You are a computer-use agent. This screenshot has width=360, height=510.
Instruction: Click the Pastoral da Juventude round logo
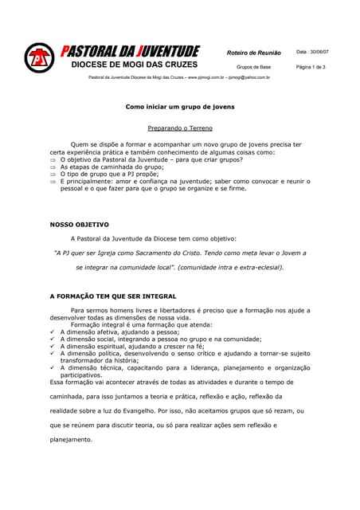37,58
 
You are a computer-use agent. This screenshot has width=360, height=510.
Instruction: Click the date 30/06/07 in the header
312,52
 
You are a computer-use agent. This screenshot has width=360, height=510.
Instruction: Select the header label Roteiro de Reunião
253,53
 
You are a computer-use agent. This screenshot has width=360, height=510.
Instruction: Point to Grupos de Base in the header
253,67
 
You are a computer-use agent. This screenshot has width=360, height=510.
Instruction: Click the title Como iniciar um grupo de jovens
180,106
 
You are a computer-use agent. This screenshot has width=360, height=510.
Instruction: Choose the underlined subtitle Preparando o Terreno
180,127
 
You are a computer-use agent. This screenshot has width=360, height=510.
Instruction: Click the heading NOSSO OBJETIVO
80,225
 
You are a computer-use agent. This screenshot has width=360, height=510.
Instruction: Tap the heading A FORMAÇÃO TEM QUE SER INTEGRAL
113,296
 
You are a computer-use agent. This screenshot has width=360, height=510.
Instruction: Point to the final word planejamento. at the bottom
71,439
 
